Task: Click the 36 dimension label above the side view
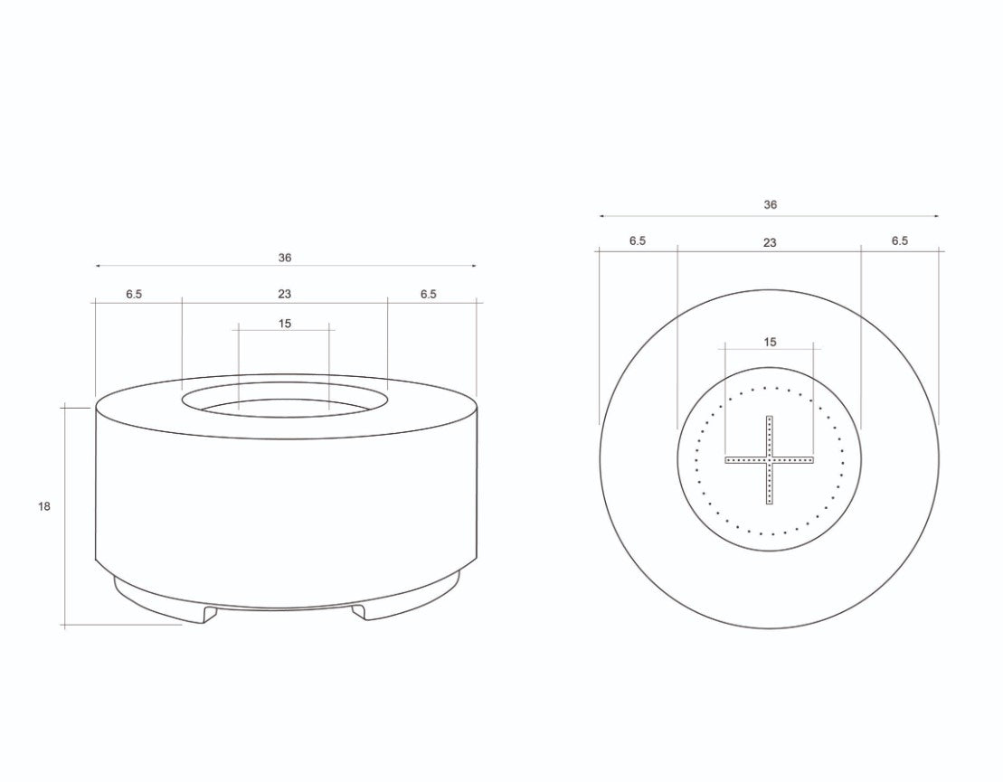(285, 258)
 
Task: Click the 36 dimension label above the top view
(771, 204)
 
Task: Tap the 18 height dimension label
(43, 506)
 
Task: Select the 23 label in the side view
(285, 294)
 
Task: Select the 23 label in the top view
(770, 242)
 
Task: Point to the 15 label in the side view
(285, 324)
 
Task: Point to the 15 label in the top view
(771, 342)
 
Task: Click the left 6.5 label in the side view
(134, 294)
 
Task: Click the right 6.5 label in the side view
(429, 294)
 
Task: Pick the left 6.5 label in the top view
(638, 241)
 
